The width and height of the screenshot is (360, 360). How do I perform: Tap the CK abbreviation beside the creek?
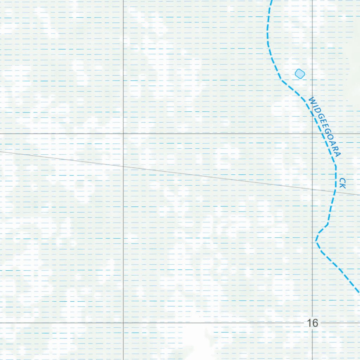343,183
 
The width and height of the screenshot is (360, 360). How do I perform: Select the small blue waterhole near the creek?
300,73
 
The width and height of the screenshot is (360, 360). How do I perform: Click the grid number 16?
312,323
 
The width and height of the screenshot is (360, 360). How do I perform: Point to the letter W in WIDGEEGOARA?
311,101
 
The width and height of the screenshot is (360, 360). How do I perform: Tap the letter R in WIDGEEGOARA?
336,149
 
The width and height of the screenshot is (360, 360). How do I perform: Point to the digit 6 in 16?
315,323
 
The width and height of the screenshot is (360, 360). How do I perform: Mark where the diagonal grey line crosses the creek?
335,192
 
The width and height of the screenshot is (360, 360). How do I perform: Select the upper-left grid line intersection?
123,134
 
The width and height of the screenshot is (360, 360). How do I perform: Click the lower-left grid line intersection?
123,322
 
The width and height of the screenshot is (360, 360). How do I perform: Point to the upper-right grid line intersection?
313,134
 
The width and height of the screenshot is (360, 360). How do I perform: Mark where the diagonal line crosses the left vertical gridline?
123,166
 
